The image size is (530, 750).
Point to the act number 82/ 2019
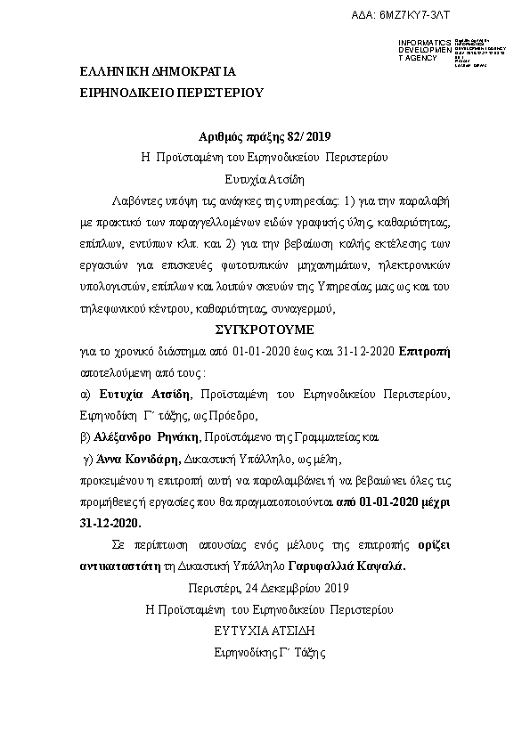312,136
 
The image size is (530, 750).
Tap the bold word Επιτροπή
426,350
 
